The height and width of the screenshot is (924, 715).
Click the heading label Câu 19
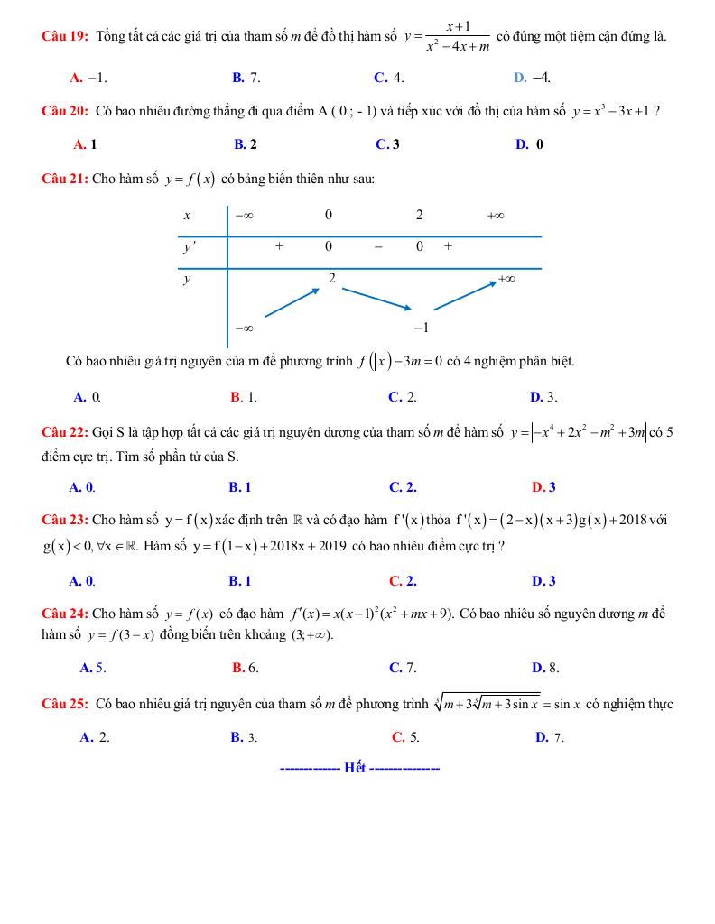[65, 37]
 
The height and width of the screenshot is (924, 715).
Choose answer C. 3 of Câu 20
[387, 143]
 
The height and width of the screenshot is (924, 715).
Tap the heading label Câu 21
[65, 179]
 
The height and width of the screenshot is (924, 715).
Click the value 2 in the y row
[332, 279]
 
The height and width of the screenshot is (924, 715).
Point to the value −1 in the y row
[420, 328]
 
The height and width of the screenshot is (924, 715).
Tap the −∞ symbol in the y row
[243, 328]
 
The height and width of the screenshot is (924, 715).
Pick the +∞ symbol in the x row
[495, 216]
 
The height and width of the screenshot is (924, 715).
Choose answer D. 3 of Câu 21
[543, 397]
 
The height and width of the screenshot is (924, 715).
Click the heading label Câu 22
[65, 431]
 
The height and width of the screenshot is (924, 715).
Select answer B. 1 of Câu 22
[240, 487]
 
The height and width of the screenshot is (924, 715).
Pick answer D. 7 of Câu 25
[549, 737]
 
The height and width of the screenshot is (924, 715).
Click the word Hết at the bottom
[355, 768]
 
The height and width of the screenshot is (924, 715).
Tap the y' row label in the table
[190, 247]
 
